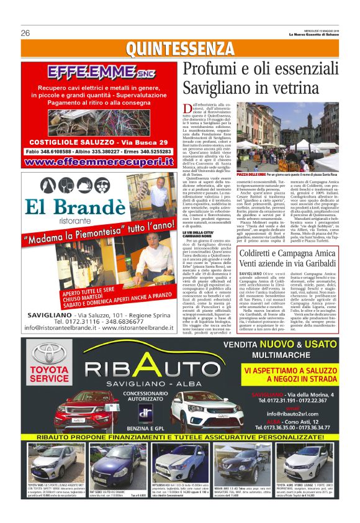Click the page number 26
tap(25, 32)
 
